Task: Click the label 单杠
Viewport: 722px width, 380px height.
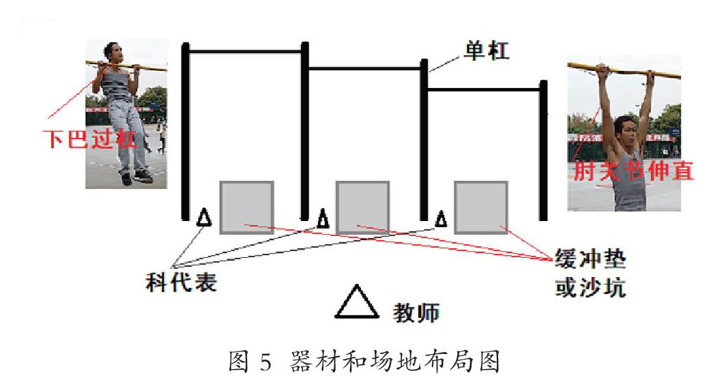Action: (x=487, y=50)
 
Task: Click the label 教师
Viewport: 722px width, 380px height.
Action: (x=417, y=312)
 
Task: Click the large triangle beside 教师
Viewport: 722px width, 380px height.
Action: (x=356, y=302)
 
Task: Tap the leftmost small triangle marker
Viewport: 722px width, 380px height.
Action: (x=203, y=218)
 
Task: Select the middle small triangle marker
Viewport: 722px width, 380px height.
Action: (x=323, y=218)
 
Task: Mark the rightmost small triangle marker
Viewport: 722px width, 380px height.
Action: (x=442, y=218)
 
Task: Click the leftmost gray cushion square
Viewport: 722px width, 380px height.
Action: (x=246, y=207)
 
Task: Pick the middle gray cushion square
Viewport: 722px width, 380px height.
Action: (x=362, y=207)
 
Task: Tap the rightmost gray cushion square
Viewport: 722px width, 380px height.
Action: (x=481, y=207)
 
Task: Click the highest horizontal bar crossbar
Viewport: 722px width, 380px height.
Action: (x=244, y=51)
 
